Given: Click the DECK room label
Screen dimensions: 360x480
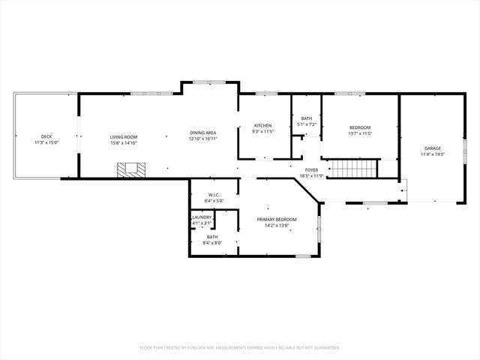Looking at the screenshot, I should coord(46,136).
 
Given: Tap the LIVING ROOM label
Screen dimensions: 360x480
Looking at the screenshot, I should coord(124,136).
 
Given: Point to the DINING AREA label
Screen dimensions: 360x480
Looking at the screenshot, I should coord(202,133).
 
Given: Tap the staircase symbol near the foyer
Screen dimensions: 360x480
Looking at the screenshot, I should coord(352,169).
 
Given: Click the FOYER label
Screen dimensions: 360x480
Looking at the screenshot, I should coord(311,170).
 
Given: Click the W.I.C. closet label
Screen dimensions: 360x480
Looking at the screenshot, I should coord(214,195).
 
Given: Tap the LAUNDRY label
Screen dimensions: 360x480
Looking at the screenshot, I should coord(202,217).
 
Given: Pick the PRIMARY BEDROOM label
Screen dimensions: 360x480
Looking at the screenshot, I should coord(277,219).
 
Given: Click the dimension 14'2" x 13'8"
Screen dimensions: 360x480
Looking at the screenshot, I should coord(277,225).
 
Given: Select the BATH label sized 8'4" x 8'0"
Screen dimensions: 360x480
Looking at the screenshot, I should coord(213,237).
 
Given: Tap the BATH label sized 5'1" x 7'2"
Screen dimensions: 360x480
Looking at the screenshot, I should coord(307,118).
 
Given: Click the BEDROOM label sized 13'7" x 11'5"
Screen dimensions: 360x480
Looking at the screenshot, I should coord(360,127).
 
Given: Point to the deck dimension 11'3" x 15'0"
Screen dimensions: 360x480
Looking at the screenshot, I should coord(46,142).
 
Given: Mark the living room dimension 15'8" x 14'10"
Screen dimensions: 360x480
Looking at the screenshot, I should coord(124,142).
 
